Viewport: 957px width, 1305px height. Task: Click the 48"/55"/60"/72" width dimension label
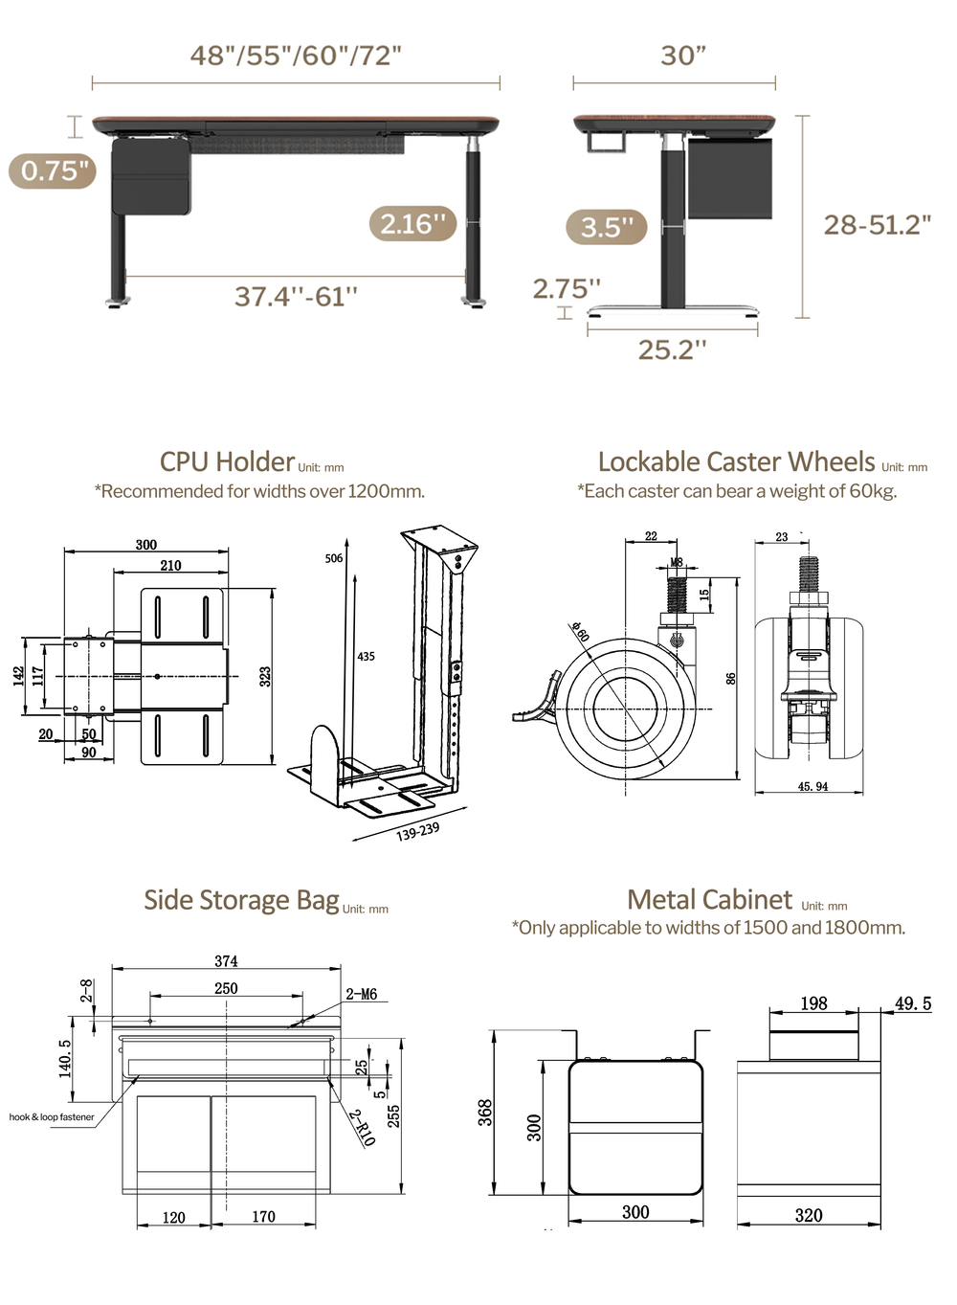click(296, 56)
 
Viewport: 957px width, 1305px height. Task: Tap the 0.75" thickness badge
click(54, 171)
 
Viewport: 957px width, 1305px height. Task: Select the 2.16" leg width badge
click(412, 224)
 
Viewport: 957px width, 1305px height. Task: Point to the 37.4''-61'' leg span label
click(296, 297)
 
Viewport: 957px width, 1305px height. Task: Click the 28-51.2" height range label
click(877, 225)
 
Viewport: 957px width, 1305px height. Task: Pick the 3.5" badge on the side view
click(607, 228)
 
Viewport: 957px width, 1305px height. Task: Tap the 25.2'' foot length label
click(672, 350)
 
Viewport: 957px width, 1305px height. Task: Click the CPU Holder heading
click(227, 462)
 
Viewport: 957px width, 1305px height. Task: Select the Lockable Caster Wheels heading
click(736, 462)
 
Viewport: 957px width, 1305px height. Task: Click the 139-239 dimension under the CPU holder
click(418, 831)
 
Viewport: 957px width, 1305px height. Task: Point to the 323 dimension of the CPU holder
click(265, 676)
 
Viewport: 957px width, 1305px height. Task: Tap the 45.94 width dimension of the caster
click(812, 787)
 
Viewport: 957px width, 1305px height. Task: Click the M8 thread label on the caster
click(677, 563)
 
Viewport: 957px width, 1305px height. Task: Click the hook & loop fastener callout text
click(52, 1117)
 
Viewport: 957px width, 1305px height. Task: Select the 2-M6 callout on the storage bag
click(361, 995)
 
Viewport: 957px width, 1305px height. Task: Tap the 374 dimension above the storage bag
click(226, 961)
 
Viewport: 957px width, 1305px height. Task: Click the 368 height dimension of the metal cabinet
click(485, 1112)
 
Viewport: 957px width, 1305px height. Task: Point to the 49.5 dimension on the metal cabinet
click(912, 1003)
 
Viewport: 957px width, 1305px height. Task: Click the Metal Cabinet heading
click(709, 900)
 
